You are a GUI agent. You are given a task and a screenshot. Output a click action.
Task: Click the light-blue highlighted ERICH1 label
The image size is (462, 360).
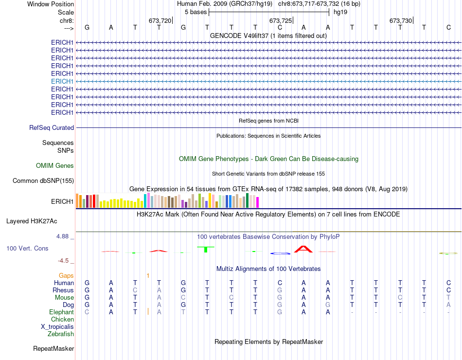(62, 81)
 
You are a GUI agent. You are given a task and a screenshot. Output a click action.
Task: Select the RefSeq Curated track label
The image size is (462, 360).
(52, 127)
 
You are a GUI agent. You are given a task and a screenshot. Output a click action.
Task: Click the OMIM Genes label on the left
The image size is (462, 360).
(55, 166)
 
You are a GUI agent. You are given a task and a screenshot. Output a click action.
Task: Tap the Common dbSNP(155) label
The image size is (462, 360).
(43, 181)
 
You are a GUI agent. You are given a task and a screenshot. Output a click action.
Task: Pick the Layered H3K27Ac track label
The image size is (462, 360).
(32, 221)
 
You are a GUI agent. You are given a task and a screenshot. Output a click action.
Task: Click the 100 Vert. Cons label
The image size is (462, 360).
(27, 248)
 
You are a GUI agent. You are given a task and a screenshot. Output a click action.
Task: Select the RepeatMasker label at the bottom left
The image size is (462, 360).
(53, 348)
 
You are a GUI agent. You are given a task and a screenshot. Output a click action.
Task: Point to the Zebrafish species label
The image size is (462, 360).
(61, 334)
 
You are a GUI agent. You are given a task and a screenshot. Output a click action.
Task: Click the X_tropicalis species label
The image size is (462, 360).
(57, 326)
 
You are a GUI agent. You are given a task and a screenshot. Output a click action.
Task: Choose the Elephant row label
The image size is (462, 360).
(62, 312)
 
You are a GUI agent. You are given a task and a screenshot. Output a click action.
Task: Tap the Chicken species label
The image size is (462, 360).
(62, 319)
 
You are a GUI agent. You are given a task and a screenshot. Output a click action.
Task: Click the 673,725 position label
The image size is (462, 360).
(281, 20)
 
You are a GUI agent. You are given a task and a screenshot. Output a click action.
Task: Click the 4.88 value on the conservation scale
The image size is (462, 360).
(65, 236)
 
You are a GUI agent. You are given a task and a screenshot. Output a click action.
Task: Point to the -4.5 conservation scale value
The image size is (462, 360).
(67, 260)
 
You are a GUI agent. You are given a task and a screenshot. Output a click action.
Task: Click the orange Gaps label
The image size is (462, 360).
(67, 275)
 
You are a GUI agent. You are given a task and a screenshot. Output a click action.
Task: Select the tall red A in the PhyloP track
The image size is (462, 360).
(304, 249)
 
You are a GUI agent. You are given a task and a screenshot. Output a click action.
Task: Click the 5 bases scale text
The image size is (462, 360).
(196, 12)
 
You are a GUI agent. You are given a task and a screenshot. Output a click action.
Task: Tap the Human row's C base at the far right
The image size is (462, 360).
(448, 283)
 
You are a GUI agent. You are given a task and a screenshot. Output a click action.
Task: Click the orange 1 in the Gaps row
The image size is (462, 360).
(148, 275)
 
